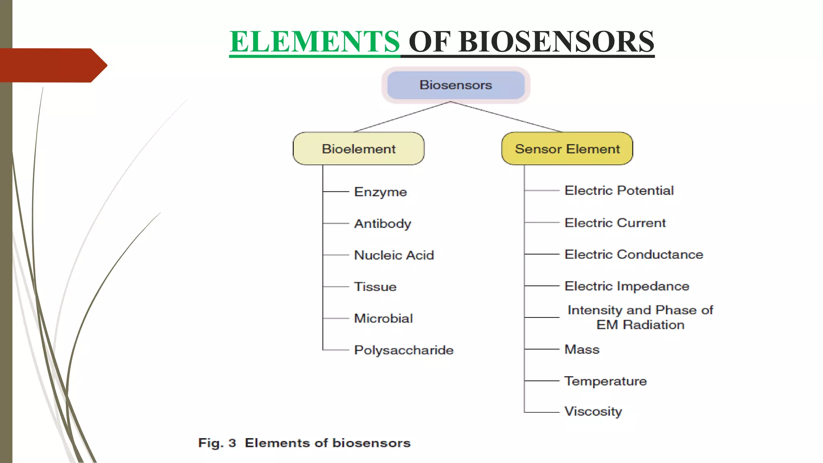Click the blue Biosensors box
coord(456,85)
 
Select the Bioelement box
coord(358,149)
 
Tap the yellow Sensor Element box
coord(567,149)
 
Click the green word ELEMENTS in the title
coord(315,41)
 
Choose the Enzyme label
coord(380,192)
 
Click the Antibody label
coord(383,223)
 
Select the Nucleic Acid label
coord(394,255)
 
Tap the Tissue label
coord(375,287)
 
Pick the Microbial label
coord(383,318)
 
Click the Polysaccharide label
coord(403,350)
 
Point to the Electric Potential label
coord(619,191)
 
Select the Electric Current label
coord(615,223)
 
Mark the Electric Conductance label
coord(634,254)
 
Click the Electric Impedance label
coord(627,286)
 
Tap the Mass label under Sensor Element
coord(581,349)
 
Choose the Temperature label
coord(606,381)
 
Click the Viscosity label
coord(593,412)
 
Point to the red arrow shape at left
coord(52,65)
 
